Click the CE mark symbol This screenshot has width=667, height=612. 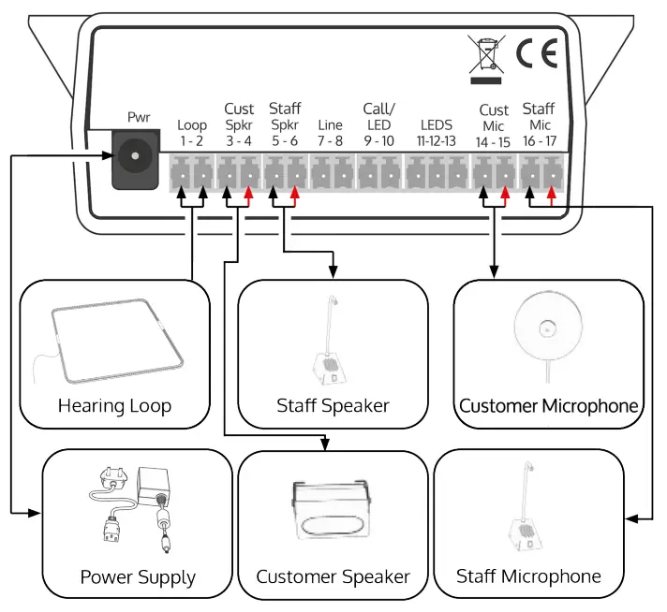(x=536, y=56)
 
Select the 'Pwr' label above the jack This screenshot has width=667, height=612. (x=139, y=118)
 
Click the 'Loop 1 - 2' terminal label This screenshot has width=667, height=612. (x=192, y=132)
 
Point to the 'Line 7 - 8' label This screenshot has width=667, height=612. (x=330, y=132)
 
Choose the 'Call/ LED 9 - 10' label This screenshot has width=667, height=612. (x=378, y=124)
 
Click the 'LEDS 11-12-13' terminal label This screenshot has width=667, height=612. (x=437, y=132)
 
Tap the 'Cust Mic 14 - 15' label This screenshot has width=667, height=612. (x=493, y=124)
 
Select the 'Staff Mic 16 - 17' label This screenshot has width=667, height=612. (x=538, y=124)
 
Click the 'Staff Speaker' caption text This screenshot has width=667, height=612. (x=333, y=406)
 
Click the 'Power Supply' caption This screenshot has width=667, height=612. (x=138, y=576)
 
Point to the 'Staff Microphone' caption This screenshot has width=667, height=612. (x=528, y=576)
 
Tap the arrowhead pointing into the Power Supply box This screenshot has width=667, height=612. (x=37, y=513)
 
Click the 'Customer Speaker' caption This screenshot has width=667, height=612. (x=333, y=576)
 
